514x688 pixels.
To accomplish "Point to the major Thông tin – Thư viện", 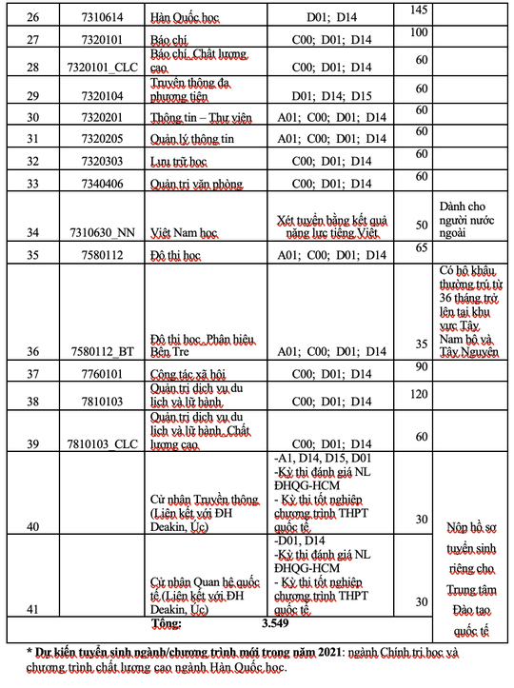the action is [x=188, y=117].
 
